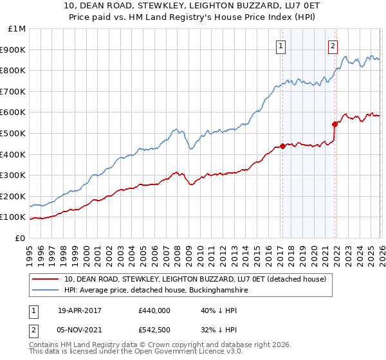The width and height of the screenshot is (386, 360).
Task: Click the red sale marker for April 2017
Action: tap(282, 146)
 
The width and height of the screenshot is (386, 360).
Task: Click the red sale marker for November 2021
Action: tap(335, 124)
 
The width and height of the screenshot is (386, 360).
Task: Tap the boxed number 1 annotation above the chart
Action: tap(282, 45)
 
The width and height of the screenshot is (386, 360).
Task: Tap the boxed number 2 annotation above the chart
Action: tap(333, 45)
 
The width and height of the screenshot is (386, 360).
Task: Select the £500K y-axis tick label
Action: tap(14, 133)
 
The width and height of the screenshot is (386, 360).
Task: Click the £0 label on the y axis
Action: tap(20, 238)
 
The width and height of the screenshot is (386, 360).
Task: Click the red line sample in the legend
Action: tap(46, 279)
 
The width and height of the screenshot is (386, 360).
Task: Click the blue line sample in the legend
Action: tap(46, 291)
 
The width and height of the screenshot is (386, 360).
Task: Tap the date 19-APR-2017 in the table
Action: tap(79, 309)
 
